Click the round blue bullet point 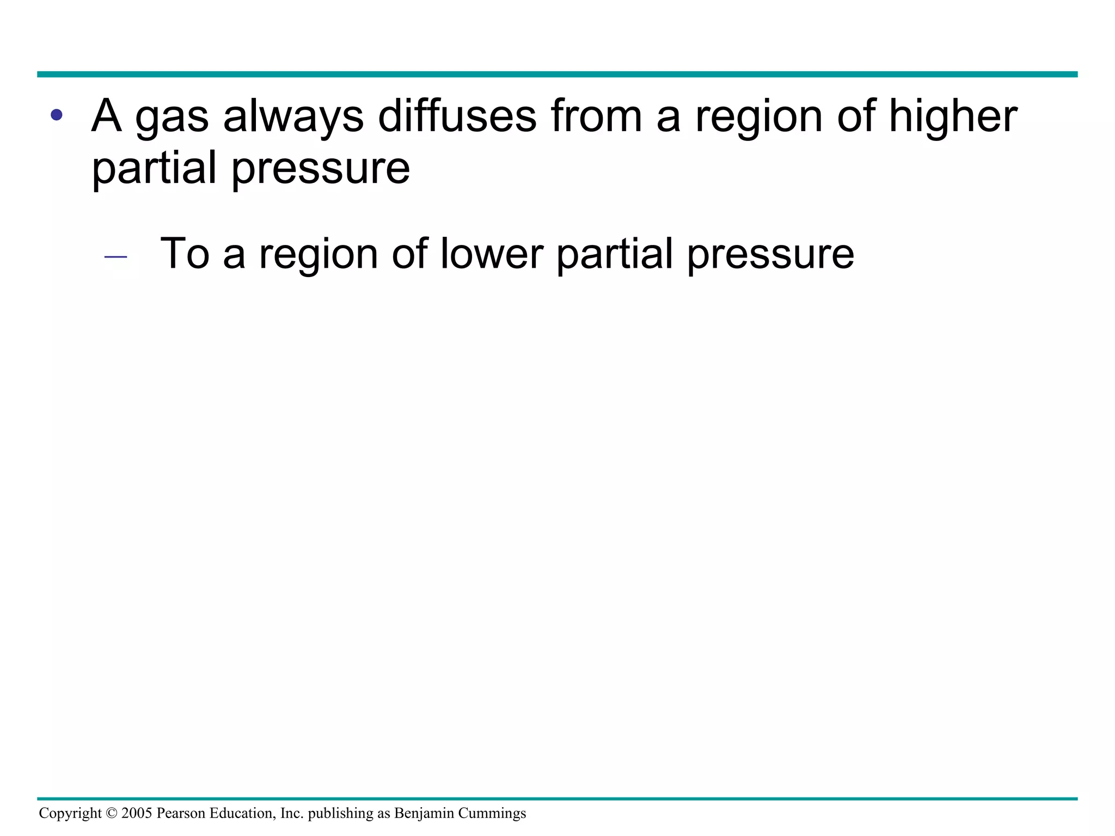click(56, 115)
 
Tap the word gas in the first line click(171, 119)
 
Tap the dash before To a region click(115, 256)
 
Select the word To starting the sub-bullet click(185, 254)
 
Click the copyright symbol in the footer click(112, 813)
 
